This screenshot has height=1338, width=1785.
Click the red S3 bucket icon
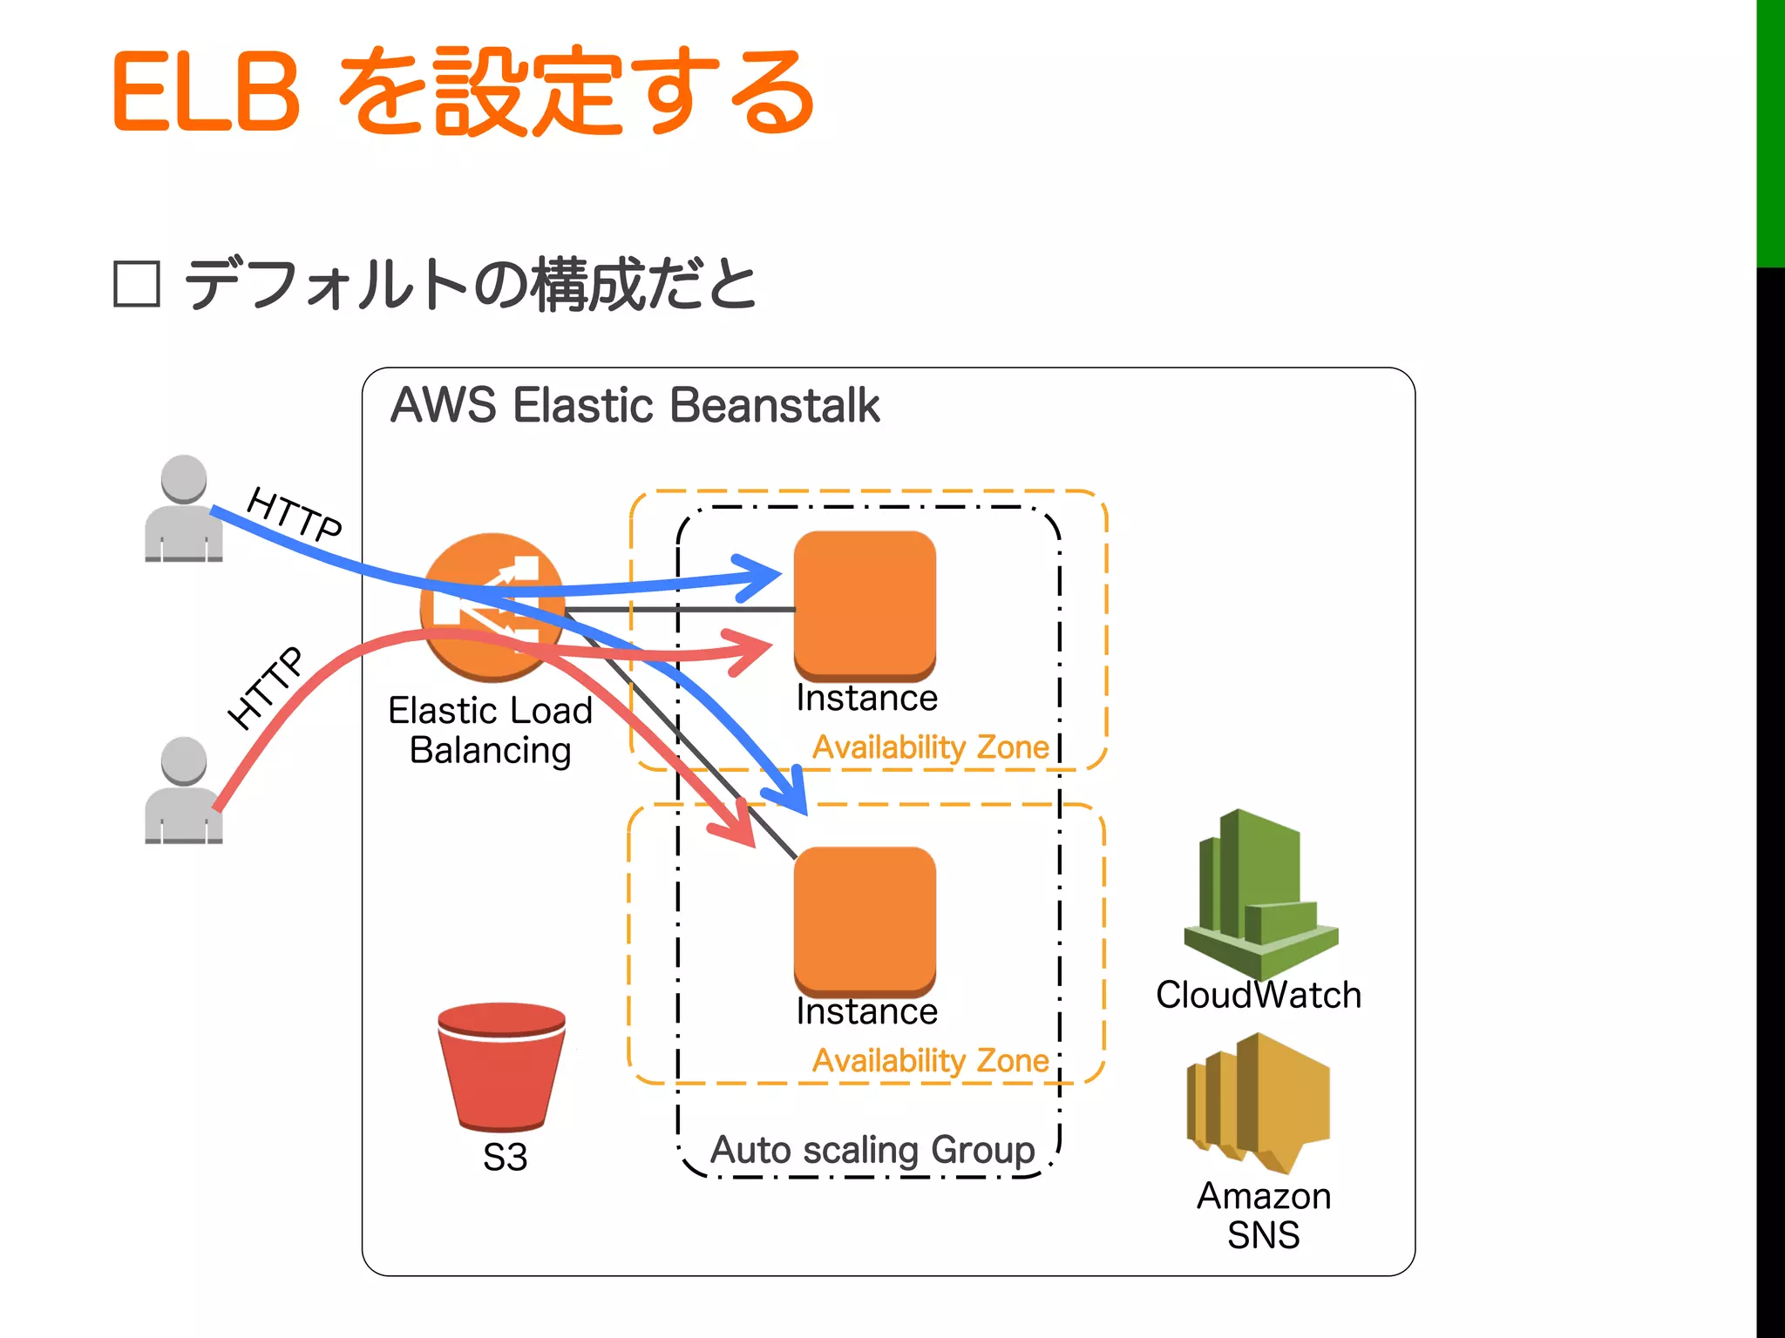pos(501,1066)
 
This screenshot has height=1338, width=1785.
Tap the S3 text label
pos(506,1157)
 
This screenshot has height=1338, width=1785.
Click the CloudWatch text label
pos(1258,995)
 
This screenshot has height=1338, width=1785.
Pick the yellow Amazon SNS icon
pos(1259,1101)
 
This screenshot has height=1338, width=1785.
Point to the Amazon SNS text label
pos(1263,1215)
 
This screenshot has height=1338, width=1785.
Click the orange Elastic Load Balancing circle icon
pos(492,606)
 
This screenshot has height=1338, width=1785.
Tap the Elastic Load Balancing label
pos(490,730)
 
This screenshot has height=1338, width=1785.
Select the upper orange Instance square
pos(865,605)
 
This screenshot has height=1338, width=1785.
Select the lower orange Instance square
pos(865,920)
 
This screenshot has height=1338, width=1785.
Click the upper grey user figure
pos(184,509)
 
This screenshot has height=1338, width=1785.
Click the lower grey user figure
pos(184,791)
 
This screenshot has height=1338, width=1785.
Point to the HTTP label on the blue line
pos(295,515)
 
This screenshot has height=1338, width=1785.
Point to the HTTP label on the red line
pos(266,687)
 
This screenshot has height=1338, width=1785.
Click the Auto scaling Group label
pos(872,1150)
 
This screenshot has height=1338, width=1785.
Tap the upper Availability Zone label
pos(930,747)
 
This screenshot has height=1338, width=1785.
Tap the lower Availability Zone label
pos(930,1061)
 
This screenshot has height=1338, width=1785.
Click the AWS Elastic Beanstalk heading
pos(635,406)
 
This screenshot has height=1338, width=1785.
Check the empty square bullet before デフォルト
pos(137,284)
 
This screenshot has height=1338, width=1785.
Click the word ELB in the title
pos(206,92)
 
